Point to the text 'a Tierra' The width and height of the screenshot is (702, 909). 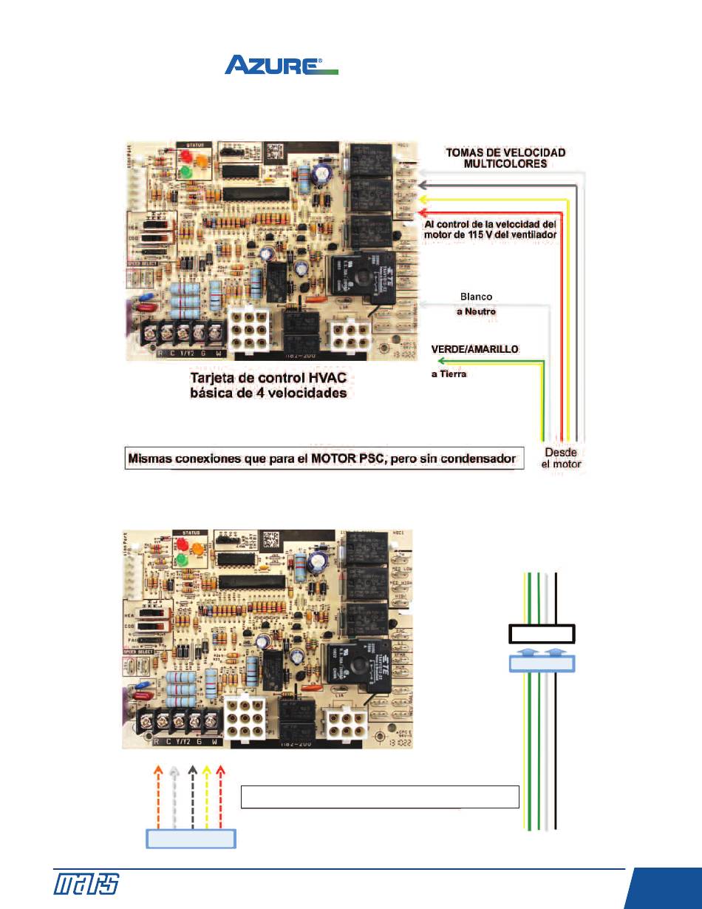click(449, 374)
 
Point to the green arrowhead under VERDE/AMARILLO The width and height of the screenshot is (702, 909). click(441, 360)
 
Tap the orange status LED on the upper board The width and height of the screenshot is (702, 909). click(202, 158)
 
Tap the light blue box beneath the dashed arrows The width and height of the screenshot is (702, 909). click(191, 839)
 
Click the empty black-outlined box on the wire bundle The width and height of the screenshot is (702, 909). click(542, 634)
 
